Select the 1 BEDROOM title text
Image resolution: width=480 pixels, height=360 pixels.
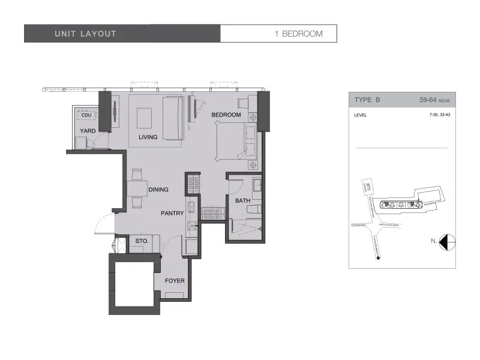point(298,34)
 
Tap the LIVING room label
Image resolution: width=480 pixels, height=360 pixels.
point(148,137)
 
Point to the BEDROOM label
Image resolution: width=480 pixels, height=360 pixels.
point(226,115)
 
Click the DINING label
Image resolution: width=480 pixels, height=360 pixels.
point(158,190)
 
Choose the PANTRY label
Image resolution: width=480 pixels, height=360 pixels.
point(172,213)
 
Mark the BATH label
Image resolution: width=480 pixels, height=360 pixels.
point(242,201)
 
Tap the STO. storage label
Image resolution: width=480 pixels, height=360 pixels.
point(142,241)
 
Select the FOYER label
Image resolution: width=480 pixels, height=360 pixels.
point(175,281)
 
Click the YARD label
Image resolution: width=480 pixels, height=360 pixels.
point(88,130)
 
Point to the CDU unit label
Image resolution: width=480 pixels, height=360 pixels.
point(86,115)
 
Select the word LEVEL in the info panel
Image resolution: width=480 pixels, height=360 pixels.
point(361,115)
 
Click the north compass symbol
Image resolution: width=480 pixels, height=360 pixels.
point(447,242)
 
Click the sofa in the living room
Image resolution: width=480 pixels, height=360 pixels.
point(173,120)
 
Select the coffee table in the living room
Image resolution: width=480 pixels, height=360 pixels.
point(145,118)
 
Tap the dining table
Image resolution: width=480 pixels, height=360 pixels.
point(137,188)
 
